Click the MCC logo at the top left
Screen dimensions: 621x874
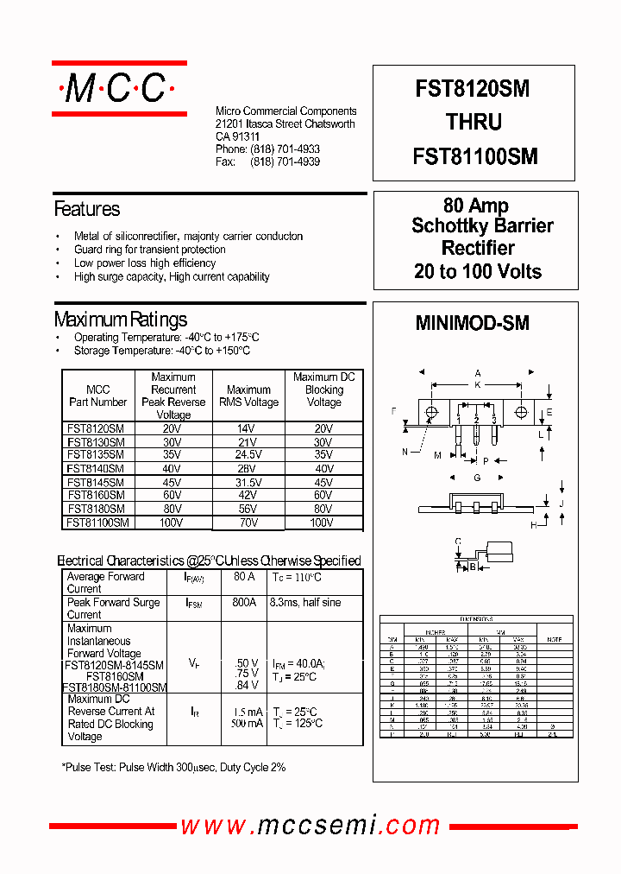118,88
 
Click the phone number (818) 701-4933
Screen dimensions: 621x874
285,149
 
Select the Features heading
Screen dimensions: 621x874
87,209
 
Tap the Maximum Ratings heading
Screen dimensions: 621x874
121,320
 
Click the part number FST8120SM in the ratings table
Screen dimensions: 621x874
96,428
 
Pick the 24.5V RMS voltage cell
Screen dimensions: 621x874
248,454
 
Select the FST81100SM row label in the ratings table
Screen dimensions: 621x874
97,522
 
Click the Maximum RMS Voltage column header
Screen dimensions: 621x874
248,396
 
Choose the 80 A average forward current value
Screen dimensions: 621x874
244,576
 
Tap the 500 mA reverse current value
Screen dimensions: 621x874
247,724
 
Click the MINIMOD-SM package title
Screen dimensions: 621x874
472,324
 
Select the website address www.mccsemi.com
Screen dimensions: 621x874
314,826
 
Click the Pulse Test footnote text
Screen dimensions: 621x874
173,767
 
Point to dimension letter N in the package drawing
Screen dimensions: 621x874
405,452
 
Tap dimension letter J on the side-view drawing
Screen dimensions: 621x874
561,503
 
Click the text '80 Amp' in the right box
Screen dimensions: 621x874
475,206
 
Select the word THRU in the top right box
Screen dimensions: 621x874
474,123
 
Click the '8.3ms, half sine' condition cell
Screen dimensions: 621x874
305,602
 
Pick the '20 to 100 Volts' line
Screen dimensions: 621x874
478,271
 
